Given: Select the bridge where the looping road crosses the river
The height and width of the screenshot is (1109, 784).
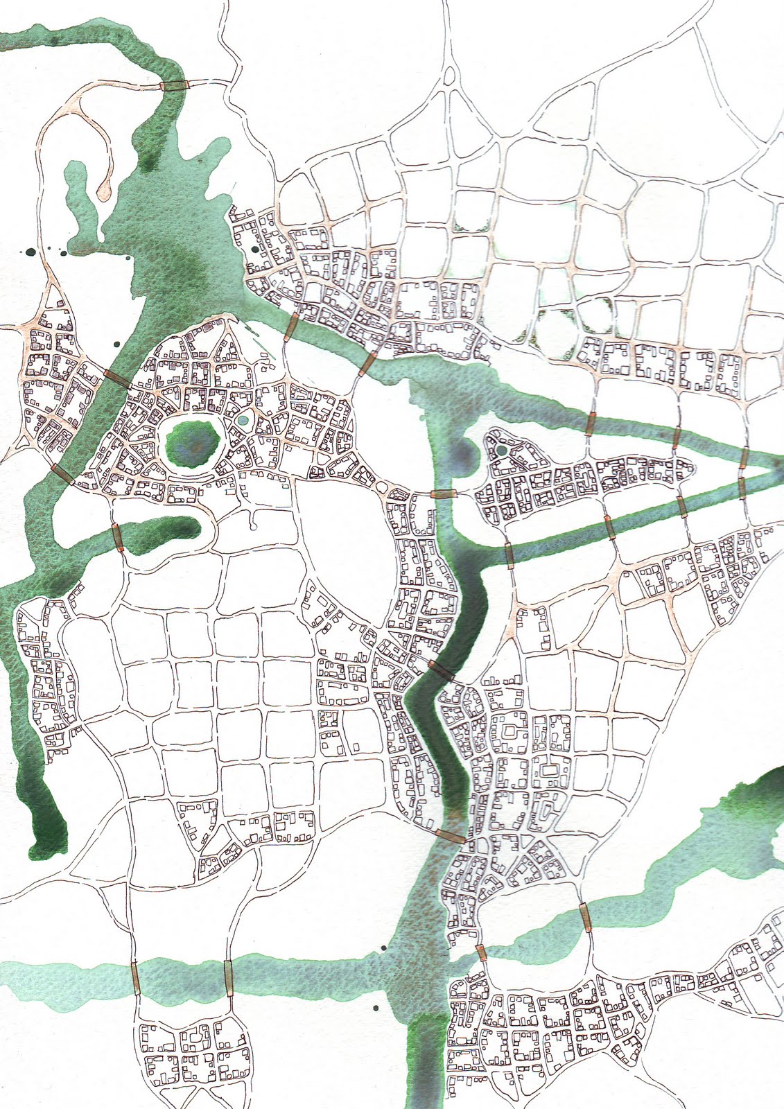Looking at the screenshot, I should [x=173, y=85].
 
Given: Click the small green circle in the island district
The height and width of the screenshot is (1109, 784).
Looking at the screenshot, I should [x=501, y=451].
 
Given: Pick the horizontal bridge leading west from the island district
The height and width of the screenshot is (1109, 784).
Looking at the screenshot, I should [x=442, y=494].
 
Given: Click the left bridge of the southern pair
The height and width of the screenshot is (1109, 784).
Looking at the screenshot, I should [x=136, y=976].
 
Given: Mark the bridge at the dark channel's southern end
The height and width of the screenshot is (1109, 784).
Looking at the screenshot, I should [x=451, y=837].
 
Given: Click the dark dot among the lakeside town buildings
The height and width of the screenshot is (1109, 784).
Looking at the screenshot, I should [x=255, y=247].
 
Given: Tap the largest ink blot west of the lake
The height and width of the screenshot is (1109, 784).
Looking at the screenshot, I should [x=30, y=252].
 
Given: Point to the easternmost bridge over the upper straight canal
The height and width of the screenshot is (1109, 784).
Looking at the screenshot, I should [x=742, y=457].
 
